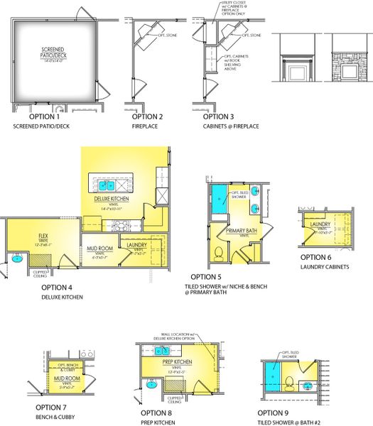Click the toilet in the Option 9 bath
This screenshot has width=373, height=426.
290,383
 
